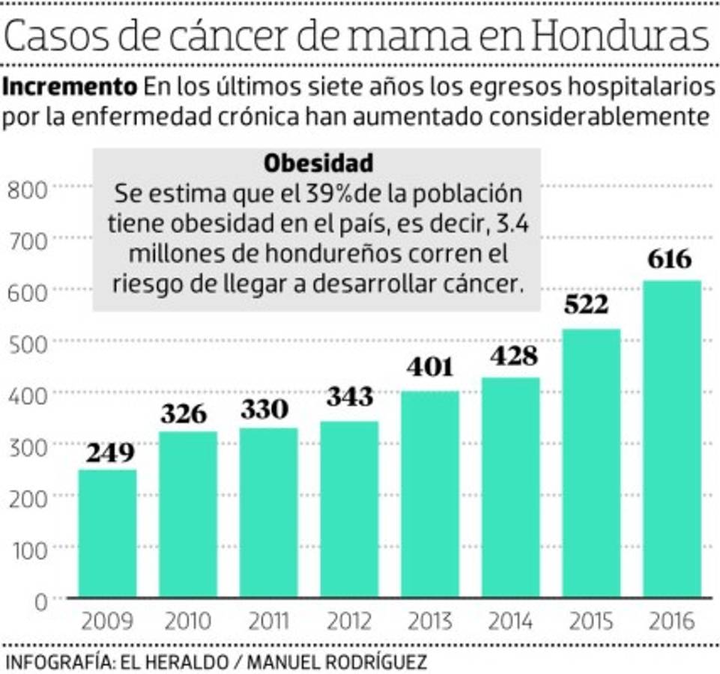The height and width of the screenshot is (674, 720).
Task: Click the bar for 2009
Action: coord(107,533)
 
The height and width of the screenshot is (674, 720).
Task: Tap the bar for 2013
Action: coord(430,494)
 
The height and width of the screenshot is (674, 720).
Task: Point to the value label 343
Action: coord(349,396)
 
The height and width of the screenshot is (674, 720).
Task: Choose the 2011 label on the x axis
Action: coord(268,622)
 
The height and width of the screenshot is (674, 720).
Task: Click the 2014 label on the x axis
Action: coord(510,622)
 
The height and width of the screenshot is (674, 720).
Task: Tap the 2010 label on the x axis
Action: coord(187,622)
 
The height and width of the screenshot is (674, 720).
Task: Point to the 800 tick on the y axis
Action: coord(27,189)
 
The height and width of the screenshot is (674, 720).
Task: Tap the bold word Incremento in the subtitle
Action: coord(70,87)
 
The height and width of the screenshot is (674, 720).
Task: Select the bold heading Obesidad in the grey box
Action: coord(318,163)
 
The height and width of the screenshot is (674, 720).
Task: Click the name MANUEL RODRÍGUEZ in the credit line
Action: coord(337,662)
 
